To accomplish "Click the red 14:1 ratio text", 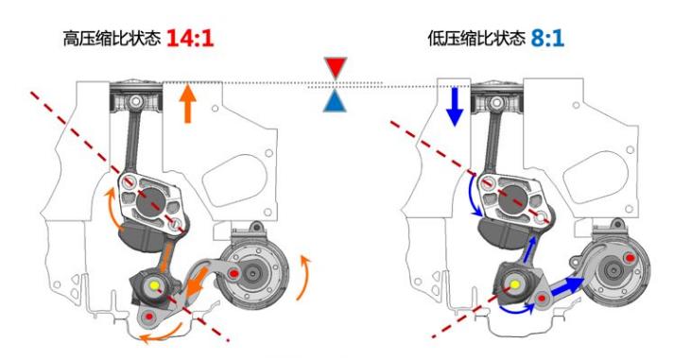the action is [x=190, y=38].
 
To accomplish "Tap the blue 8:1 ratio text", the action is [x=547, y=38].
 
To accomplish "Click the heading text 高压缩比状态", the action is [x=111, y=39].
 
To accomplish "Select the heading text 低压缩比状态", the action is [x=476, y=39].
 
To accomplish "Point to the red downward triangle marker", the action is [x=336, y=67].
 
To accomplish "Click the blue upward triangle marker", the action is [x=335, y=101].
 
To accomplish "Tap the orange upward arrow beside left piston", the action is [x=188, y=104].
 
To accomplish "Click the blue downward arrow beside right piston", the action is [x=455, y=106].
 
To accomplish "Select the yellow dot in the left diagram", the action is [x=154, y=285].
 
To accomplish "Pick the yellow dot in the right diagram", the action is [x=514, y=284].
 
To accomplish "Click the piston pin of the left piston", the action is [x=136, y=102].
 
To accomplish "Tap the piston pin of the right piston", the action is [x=496, y=103].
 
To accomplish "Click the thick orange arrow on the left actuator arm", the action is [x=197, y=282].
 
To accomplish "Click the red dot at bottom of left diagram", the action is [x=148, y=316].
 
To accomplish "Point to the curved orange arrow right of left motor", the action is [x=304, y=277].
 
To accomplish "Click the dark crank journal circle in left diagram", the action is [x=150, y=202].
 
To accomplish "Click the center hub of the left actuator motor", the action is [x=253, y=274].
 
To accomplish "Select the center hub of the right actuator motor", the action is [x=613, y=269].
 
